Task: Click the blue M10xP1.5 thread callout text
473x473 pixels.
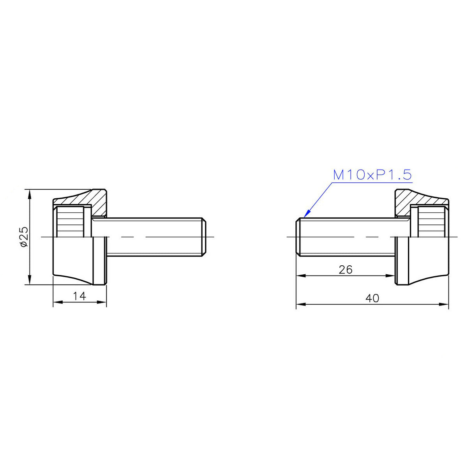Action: (372, 175)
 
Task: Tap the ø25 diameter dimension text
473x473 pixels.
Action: (24, 236)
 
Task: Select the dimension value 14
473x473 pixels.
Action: (79, 296)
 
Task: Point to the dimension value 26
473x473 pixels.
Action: (346, 269)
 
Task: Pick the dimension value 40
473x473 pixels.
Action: (372, 298)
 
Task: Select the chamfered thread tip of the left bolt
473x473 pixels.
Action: (204, 237)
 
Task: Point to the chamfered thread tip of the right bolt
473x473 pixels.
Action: (298, 237)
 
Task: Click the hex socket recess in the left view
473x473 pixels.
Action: (70, 222)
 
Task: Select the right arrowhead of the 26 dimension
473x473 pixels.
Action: (391, 275)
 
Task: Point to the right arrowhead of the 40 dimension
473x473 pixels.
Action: (445, 304)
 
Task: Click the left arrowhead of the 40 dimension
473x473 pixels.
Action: (300, 304)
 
